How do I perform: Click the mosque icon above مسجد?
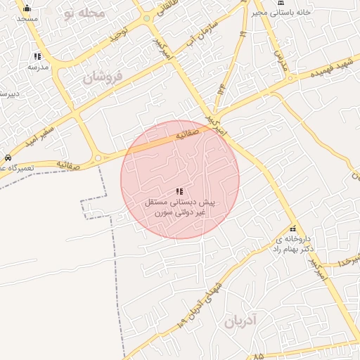[x=27, y=8]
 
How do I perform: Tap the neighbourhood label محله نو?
[x=84, y=13]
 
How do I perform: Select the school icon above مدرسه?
[x=37, y=56]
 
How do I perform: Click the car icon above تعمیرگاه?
[x=7, y=157]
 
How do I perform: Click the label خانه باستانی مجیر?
[x=302, y=13]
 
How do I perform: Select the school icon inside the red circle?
[x=179, y=191]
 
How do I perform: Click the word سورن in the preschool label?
[x=161, y=212]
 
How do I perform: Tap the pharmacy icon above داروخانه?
[x=292, y=229]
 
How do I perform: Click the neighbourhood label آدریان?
[x=242, y=323]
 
